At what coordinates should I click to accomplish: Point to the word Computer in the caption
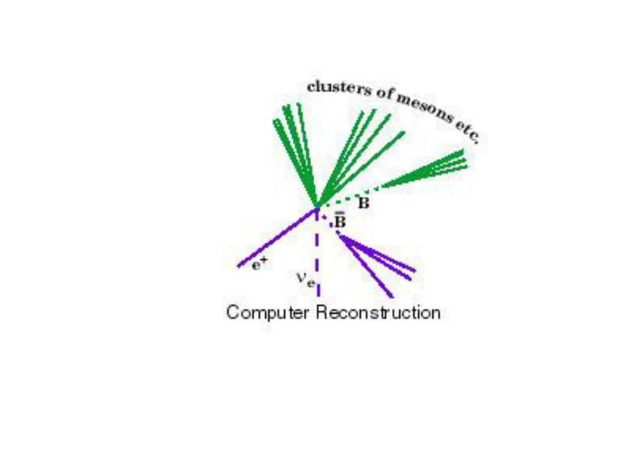268,313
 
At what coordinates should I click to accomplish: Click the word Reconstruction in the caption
378,313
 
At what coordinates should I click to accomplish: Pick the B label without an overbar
364,204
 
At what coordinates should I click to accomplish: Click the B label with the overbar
340,221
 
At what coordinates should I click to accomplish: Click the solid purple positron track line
278,238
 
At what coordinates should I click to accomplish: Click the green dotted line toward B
348,196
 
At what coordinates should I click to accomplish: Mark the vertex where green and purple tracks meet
317,207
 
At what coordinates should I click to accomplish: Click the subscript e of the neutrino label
311,282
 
